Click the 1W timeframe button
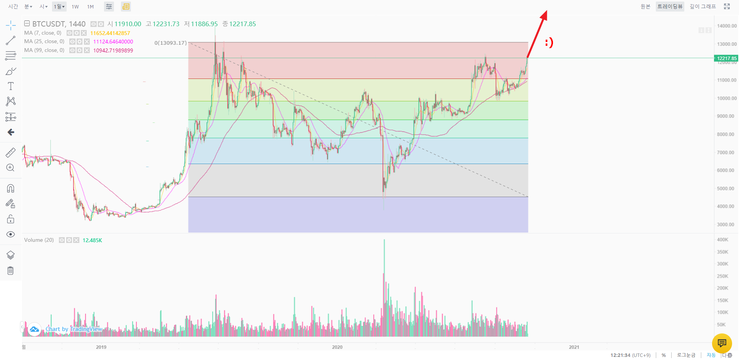75,7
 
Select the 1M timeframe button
90,7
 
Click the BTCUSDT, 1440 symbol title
59,24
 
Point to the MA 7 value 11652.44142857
110,33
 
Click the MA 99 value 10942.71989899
113,50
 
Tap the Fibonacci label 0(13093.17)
170,43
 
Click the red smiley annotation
549,42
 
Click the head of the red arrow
545,14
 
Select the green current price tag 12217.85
726,59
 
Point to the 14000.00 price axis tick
726,26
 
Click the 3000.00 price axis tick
726,224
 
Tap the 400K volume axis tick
722,239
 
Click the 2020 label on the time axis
337,347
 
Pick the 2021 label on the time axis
574,347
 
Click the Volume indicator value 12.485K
92,240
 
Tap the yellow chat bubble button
722,343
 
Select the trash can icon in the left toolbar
10,271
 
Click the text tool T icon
11,86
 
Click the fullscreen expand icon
727,7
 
